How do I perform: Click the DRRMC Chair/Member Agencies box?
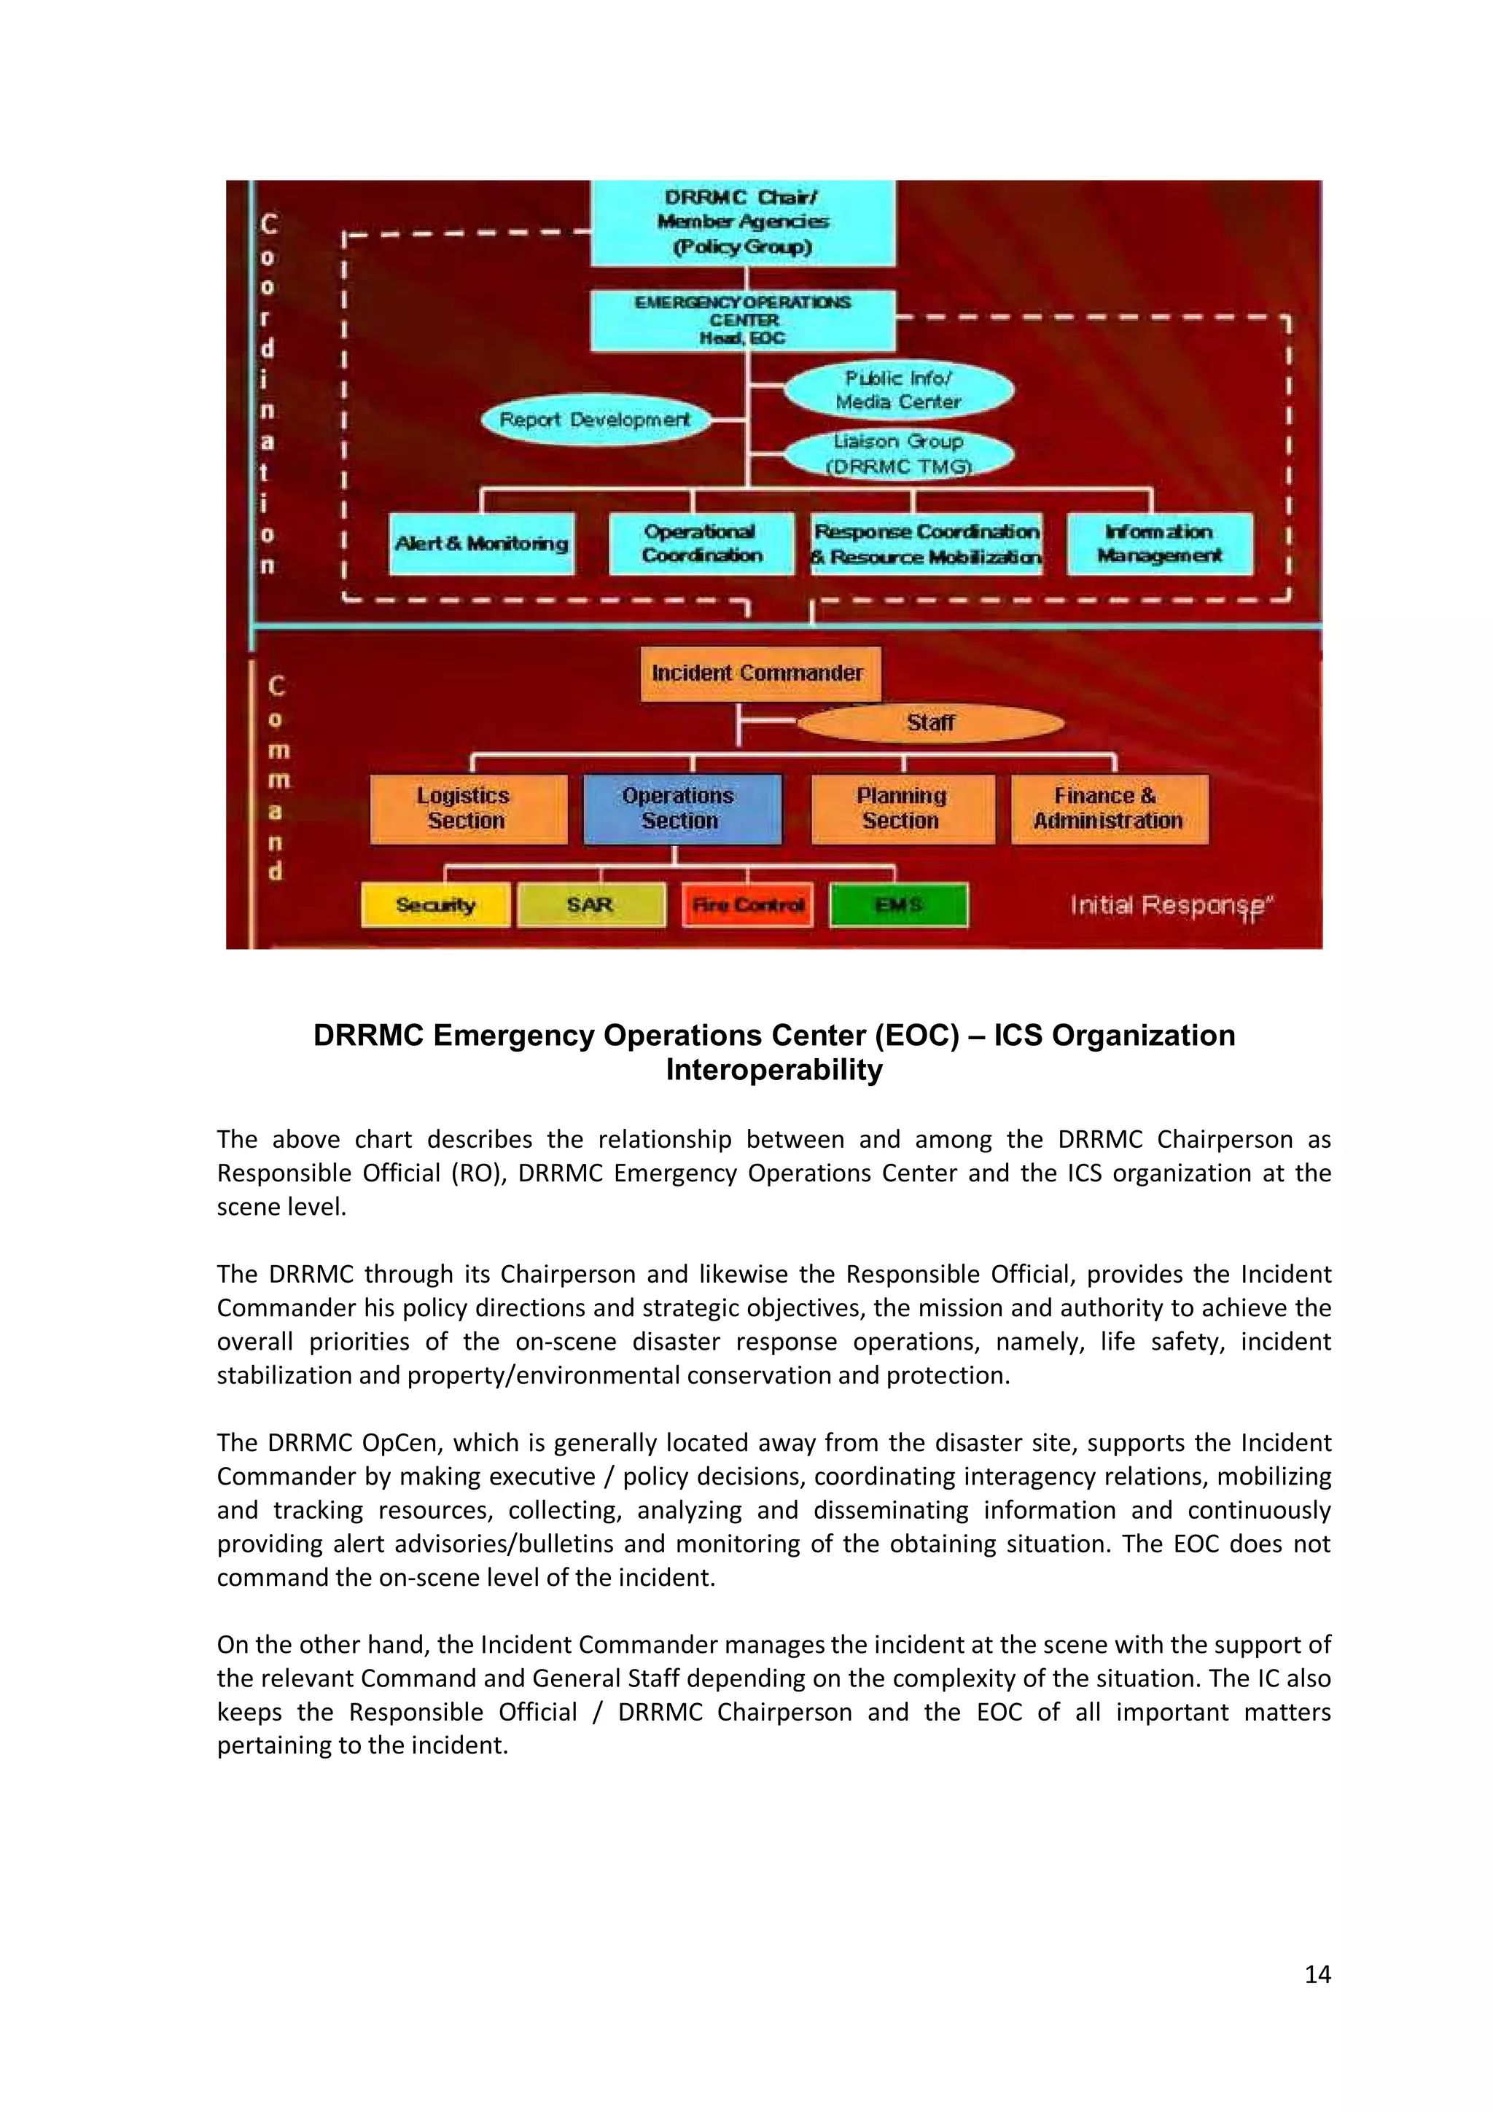[x=742, y=222]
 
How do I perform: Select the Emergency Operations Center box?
[x=742, y=320]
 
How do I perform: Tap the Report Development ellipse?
[x=595, y=421]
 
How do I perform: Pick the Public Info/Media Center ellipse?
[x=899, y=390]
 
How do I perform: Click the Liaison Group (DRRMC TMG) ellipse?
[x=899, y=453]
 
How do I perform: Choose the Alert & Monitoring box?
[x=481, y=544]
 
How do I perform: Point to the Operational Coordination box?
[x=701, y=544]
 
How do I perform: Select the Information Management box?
[x=1159, y=544]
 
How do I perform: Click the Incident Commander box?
[x=759, y=673]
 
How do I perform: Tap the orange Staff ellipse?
[x=930, y=723]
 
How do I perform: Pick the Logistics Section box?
[x=468, y=808]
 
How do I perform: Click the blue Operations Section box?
[x=682, y=808]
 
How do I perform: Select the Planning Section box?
[x=903, y=808]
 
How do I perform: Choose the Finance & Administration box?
[x=1109, y=808]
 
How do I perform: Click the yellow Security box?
[x=435, y=905]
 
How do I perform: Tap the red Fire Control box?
[x=747, y=905]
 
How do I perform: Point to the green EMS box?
[x=898, y=905]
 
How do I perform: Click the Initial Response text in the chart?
[x=1169, y=906]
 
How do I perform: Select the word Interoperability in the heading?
[x=773, y=1070]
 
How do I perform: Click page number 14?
[x=1317, y=1974]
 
